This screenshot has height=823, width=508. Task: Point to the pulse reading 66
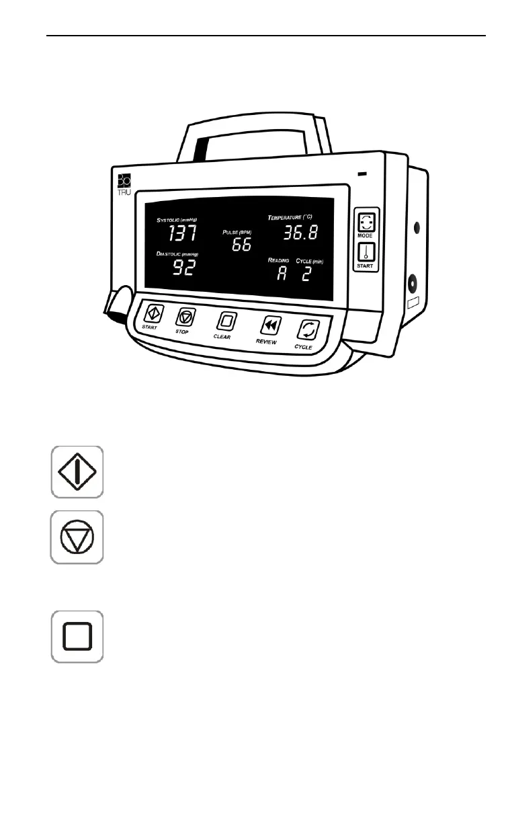241,245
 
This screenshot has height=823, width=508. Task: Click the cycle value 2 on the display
306,274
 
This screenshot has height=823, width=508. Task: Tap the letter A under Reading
282,274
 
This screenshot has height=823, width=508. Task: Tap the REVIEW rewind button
271,325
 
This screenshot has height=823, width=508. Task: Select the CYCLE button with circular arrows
308,330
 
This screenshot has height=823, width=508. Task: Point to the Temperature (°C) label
290,218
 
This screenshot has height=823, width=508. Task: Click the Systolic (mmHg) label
181,220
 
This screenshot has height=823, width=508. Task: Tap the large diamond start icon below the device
78,472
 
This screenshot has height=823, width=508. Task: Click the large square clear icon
77,636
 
